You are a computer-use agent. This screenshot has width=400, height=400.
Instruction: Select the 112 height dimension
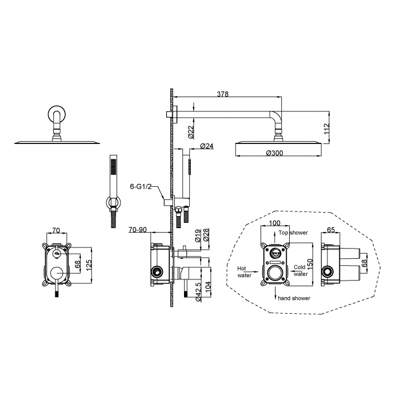[x=327, y=127]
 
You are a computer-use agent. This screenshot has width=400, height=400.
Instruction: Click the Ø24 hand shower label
[x=207, y=147]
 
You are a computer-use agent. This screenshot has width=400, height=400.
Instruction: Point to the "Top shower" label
[x=294, y=233]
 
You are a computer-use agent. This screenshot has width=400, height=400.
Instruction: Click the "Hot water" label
[x=245, y=271]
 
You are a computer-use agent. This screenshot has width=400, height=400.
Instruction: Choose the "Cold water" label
[x=301, y=270]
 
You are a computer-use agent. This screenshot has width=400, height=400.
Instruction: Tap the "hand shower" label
[x=294, y=298]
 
